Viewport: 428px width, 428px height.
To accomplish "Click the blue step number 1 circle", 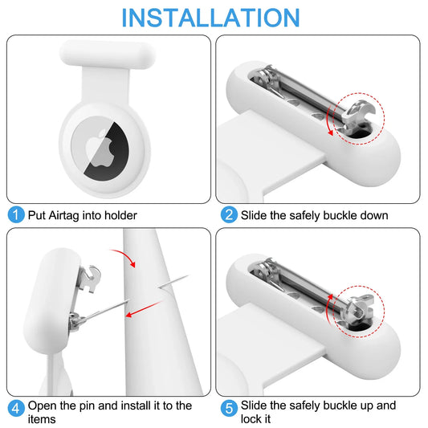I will (x=15, y=215).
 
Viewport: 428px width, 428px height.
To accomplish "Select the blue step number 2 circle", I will (x=228, y=215).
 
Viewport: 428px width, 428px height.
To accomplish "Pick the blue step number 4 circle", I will (x=15, y=406).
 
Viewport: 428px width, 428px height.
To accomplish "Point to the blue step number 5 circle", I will (x=228, y=406).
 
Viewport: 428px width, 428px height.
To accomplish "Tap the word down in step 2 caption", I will (x=373, y=215).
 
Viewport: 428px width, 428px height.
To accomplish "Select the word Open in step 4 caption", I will (x=43, y=406).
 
